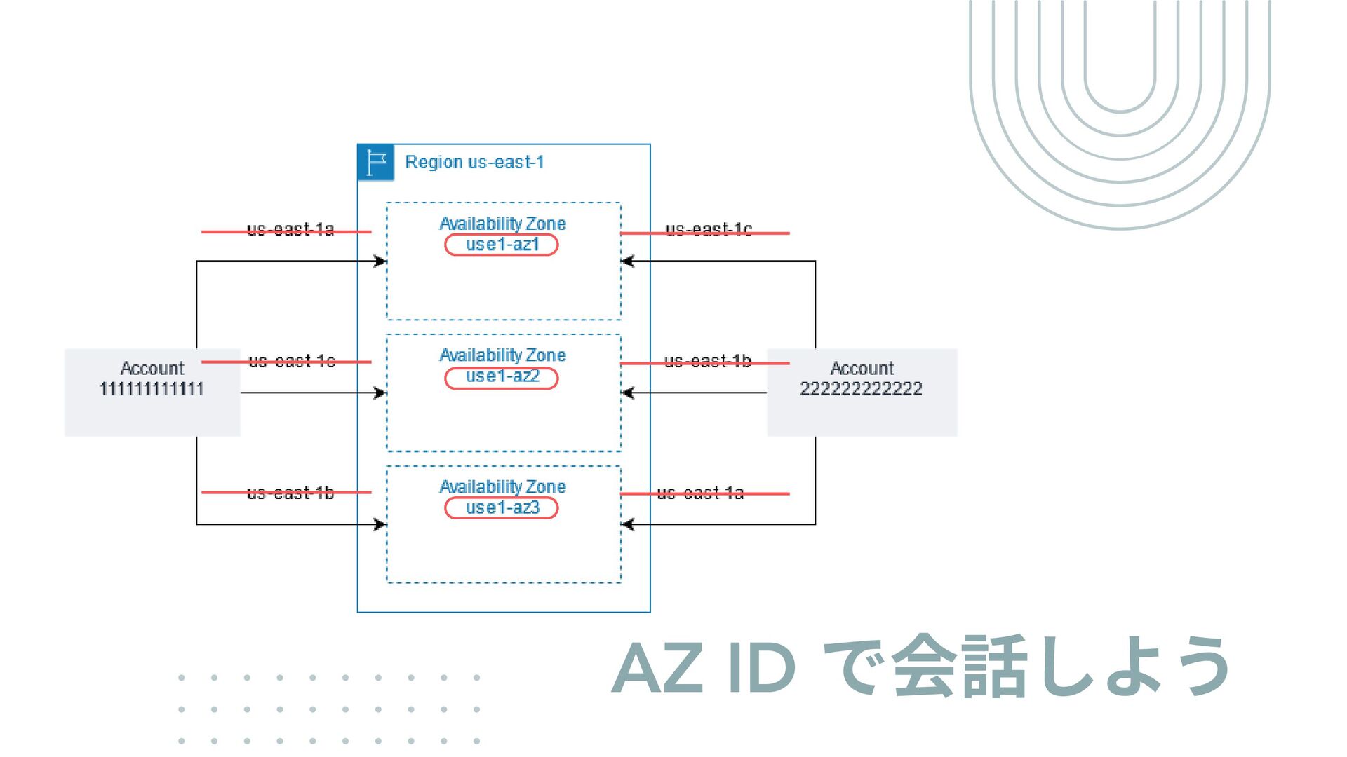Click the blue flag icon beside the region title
[x=375, y=163]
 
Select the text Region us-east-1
[x=474, y=163]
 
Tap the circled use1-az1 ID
[x=502, y=245]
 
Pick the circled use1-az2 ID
[x=502, y=377]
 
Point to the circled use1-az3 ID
[x=502, y=508]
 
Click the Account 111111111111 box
[x=152, y=393]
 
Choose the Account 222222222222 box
[x=862, y=393]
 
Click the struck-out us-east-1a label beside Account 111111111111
[x=290, y=230]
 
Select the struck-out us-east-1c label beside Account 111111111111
[x=291, y=362]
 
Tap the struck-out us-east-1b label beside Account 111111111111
[x=290, y=493]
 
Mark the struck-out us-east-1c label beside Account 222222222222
[x=708, y=230]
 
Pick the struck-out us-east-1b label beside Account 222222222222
[x=707, y=362]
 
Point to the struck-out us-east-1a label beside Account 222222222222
[x=700, y=493]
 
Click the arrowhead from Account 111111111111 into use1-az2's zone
[x=380, y=393]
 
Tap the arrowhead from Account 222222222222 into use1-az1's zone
[x=627, y=261]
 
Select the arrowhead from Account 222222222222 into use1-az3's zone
[x=627, y=524]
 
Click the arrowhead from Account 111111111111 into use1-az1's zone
[x=380, y=261]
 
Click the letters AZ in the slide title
[x=657, y=668]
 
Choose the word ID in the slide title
[x=761, y=668]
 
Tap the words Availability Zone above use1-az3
[x=502, y=486]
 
